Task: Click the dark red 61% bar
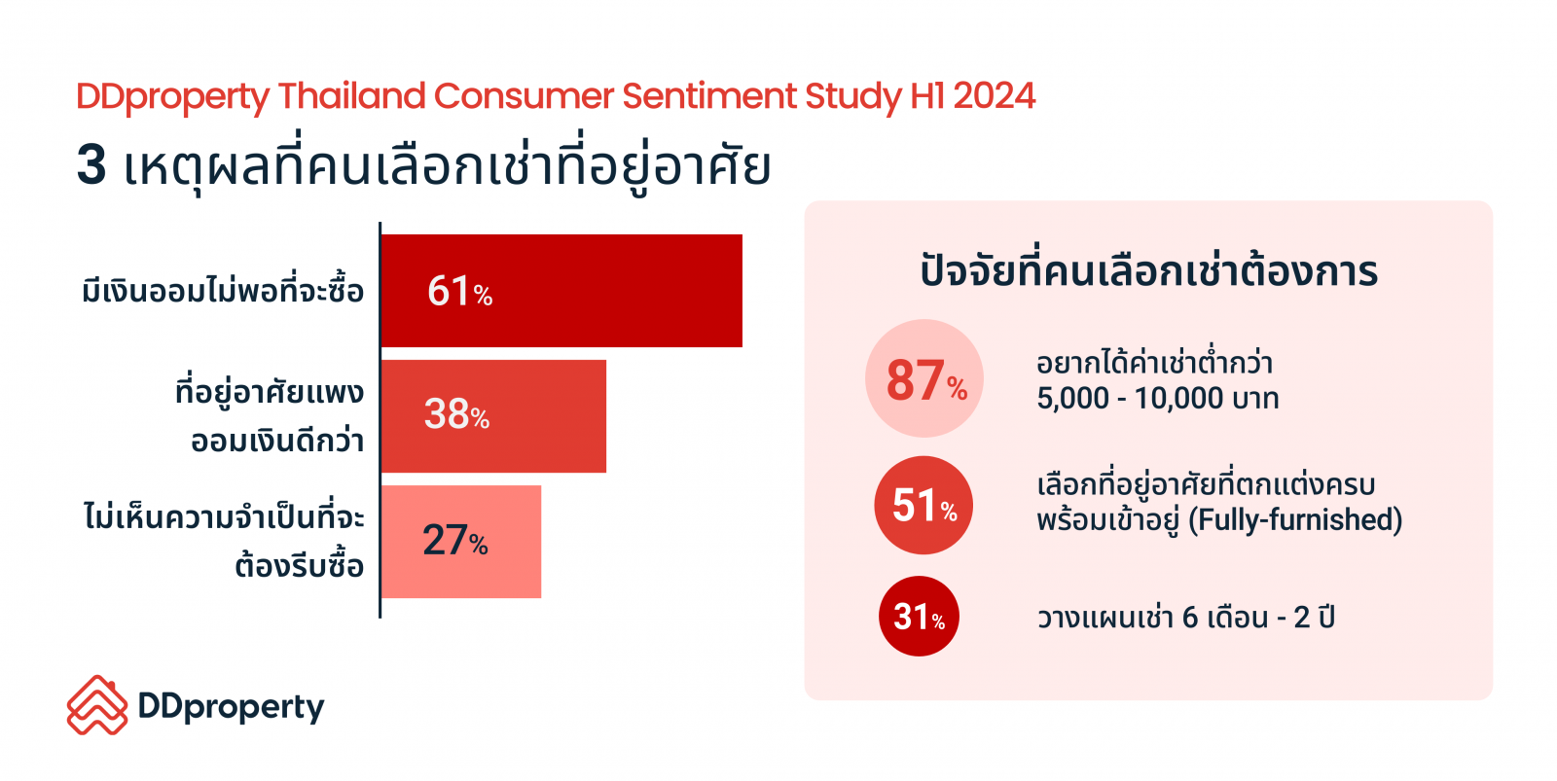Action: coord(561,291)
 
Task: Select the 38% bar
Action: coord(493,416)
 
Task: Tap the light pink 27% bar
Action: coord(461,542)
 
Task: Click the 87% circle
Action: coord(923,378)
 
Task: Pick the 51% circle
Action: coord(923,505)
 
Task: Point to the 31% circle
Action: coord(919,617)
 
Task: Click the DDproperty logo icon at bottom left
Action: coord(97,704)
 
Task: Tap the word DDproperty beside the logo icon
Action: coord(231,708)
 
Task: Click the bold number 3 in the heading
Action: coord(91,165)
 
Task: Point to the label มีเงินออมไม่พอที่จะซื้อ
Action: coord(223,290)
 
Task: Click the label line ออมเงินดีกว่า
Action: coord(277,440)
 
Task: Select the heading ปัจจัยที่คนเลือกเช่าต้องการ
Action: coord(1148,270)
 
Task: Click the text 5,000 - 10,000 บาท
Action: coord(1157,398)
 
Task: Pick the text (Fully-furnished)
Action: coord(1295,519)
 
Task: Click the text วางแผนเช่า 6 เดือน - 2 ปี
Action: coord(1186,617)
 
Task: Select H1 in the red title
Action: coord(927,96)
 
